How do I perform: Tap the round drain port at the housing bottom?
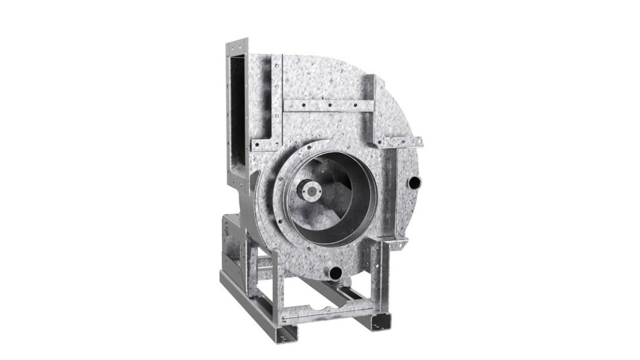(335, 272)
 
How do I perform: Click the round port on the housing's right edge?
(414, 182)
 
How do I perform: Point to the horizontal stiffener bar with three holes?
(328, 106)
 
